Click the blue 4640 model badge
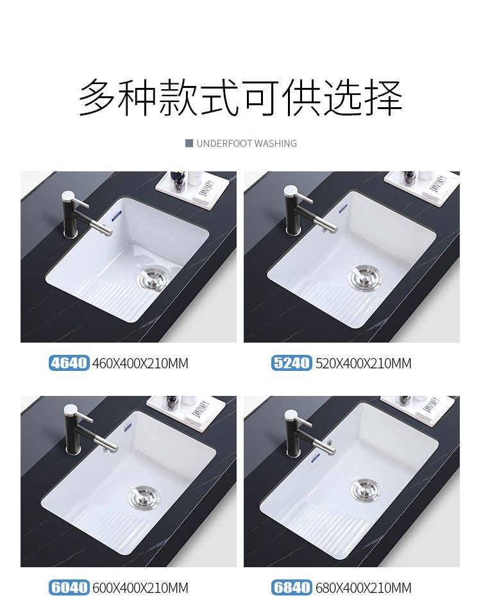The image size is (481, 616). click(x=69, y=363)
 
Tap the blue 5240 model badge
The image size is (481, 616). click(x=292, y=363)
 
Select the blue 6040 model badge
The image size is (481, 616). click(x=69, y=587)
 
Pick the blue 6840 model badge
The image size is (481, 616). click(x=292, y=587)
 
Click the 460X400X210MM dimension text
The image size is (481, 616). click(x=140, y=363)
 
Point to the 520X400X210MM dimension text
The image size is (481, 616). click(x=363, y=363)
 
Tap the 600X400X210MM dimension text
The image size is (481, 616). click(x=140, y=588)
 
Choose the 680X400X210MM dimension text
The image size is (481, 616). click(x=363, y=588)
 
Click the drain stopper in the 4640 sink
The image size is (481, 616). click(x=153, y=277)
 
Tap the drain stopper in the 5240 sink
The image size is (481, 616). click(x=365, y=277)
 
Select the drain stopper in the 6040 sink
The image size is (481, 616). click(x=144, y=497)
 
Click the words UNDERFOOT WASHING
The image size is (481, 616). click(x=246, y=143)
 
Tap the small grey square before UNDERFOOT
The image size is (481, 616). click(x=189, y=143)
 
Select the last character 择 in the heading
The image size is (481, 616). click(x=384, y=97)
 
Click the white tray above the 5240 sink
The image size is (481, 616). click(x=421, y=186)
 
